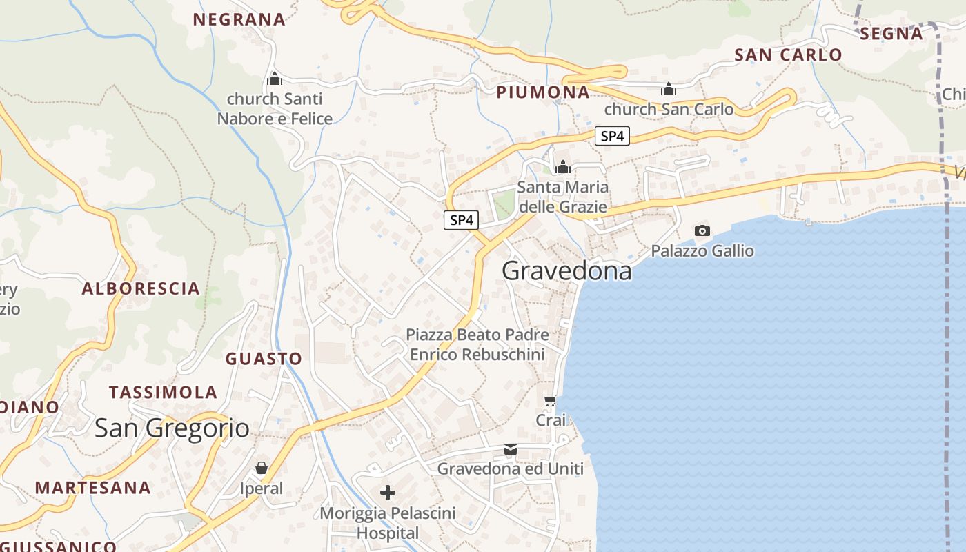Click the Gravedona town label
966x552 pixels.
coord(566,271)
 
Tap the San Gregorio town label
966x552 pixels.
coord(172,428)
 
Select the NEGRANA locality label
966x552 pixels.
coord(239,20)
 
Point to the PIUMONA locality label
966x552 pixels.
coord(544,92)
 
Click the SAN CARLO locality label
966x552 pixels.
coord(788,55)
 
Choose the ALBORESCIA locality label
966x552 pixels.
coord(141,289)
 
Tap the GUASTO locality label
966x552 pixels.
coord(264,359)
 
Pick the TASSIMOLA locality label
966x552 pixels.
coord(164,393)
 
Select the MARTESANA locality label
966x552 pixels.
coord(93,488)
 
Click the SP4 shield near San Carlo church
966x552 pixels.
coord(612,137)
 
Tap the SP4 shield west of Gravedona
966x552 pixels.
coord(461,221)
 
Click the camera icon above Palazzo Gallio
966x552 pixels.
coord(702,230)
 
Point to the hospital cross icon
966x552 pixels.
coord(388,493)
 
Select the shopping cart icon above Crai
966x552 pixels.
coord(551,400)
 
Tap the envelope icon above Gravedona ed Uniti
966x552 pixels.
coord(511,450)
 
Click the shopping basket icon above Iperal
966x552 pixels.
coord(262,469)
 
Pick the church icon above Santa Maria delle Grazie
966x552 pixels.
coord(563,167)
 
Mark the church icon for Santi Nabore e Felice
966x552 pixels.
coord(275,79)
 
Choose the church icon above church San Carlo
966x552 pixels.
coord(667,90)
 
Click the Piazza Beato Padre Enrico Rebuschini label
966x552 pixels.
coord(477,345)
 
